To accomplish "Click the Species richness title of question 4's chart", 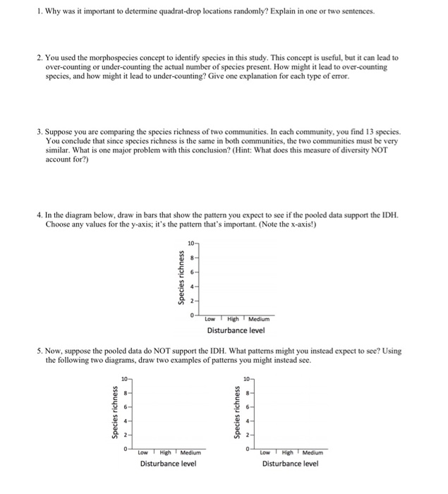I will coord(181,279).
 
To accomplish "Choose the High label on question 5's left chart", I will coord(167,452).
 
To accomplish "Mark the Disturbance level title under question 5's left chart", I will coord(169,464).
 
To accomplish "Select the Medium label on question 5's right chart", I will coord(313,452).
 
